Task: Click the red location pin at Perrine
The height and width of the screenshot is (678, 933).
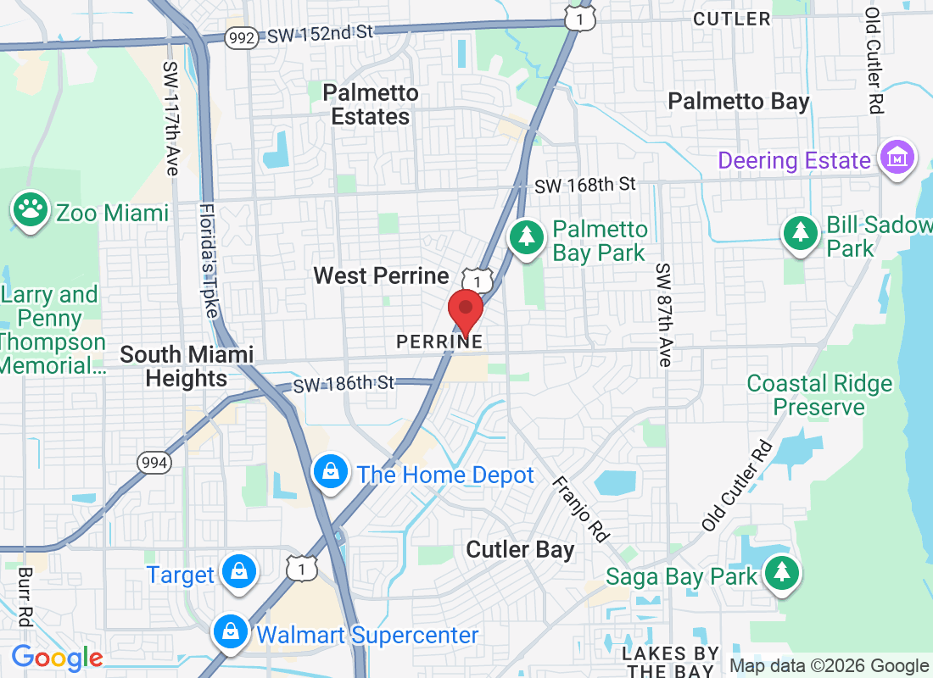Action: (465, 310)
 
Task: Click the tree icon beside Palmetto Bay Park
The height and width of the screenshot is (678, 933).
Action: (527, 236)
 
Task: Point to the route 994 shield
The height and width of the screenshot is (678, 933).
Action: (155, 463)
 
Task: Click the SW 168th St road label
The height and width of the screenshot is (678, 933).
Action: (584, 184)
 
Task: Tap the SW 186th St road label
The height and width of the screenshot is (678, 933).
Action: (344, 383)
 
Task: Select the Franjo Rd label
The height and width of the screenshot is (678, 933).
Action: (581, 508)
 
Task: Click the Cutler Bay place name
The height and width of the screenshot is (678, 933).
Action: (520, 549)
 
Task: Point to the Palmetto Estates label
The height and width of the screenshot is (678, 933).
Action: (371, 104)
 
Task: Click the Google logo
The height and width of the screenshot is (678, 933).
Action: (57, 657)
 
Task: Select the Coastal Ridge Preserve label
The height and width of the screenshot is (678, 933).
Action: (819, 395)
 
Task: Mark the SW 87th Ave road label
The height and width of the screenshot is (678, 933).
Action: (664, 314)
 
